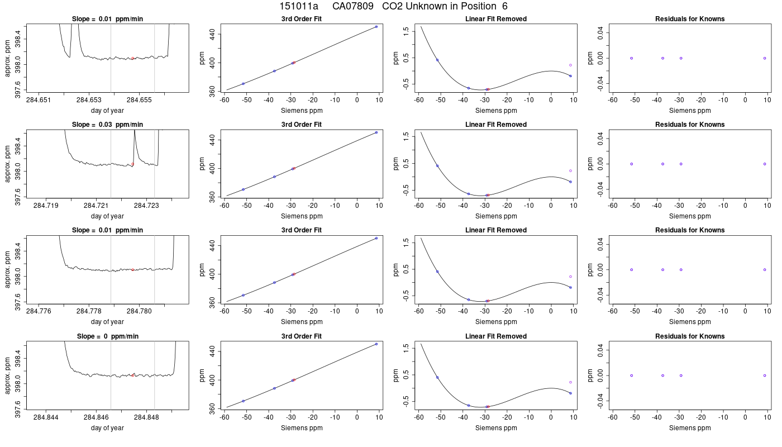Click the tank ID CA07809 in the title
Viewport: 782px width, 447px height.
352,6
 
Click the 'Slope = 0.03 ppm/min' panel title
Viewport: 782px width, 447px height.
107,124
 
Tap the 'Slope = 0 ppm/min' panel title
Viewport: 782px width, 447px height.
107,336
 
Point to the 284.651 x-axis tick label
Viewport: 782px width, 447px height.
39,100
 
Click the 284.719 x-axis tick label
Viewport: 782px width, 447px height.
46,206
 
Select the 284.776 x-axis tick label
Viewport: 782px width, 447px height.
39,311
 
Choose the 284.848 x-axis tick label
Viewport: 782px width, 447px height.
146,417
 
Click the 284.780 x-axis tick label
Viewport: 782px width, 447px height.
139,311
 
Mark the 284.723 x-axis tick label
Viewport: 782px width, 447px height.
146,206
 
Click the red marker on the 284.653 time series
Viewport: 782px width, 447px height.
133,58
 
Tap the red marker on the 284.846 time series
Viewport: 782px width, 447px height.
133,375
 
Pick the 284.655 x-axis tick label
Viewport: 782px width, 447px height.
139,100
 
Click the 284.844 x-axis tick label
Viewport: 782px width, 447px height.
46,417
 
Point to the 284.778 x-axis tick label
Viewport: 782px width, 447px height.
89,311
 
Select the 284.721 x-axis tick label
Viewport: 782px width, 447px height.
96,206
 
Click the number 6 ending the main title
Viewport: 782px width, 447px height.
505,6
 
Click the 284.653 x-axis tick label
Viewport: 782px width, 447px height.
89,100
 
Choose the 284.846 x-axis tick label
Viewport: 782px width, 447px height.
96,417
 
